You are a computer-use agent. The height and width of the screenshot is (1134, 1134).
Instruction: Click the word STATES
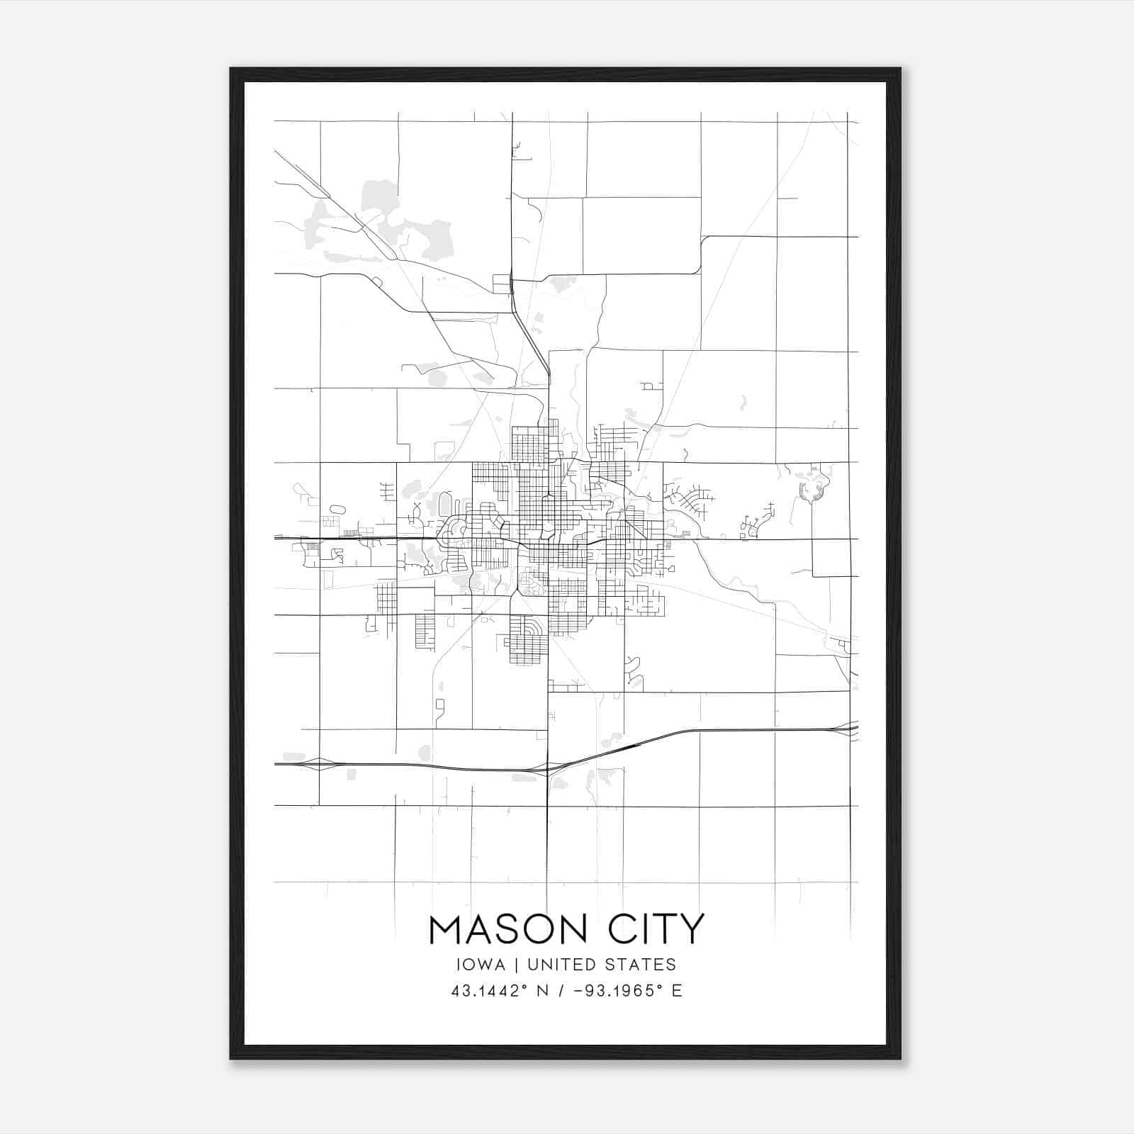641,965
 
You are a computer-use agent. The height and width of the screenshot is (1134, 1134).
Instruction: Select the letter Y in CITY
692,929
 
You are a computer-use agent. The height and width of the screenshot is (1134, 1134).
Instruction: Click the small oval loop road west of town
337,509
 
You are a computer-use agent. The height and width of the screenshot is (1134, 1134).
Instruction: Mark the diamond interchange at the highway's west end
318,764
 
